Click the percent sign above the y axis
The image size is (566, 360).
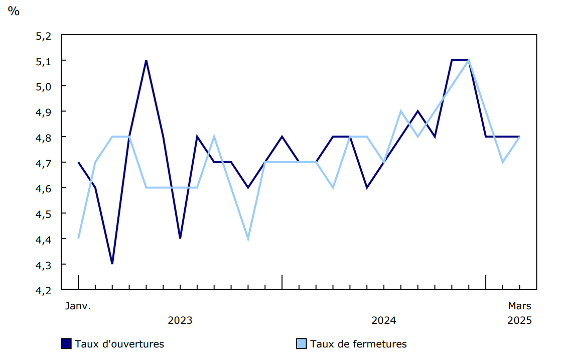pos(14,11)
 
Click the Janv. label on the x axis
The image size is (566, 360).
pos(78,305)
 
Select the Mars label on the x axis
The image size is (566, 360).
pos(519,305)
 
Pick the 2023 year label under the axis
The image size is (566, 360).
pos(180,320)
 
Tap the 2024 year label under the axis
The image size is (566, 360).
pos(383,320)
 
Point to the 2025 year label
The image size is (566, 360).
pos(519,320)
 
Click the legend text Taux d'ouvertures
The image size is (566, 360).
pos(119,344)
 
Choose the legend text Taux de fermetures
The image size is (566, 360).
pos(358,344)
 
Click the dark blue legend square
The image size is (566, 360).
pos(66,343)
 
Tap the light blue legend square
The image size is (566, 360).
pos(301,343)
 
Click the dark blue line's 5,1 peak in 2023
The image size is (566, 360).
pos(146,61)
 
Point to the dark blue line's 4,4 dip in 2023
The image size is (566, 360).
pos(180,238)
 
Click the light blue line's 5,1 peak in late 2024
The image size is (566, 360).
pos(469,61)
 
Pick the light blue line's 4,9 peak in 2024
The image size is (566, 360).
pos(401,111)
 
